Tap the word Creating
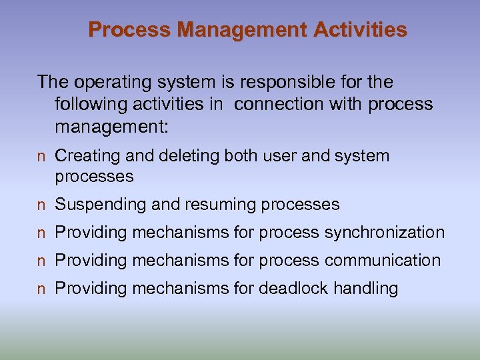pyautogui.click(x=86, y=156)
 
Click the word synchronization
pyautogui.click(x=385, y=233)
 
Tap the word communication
pyautogui.click(x=383, y=261)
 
